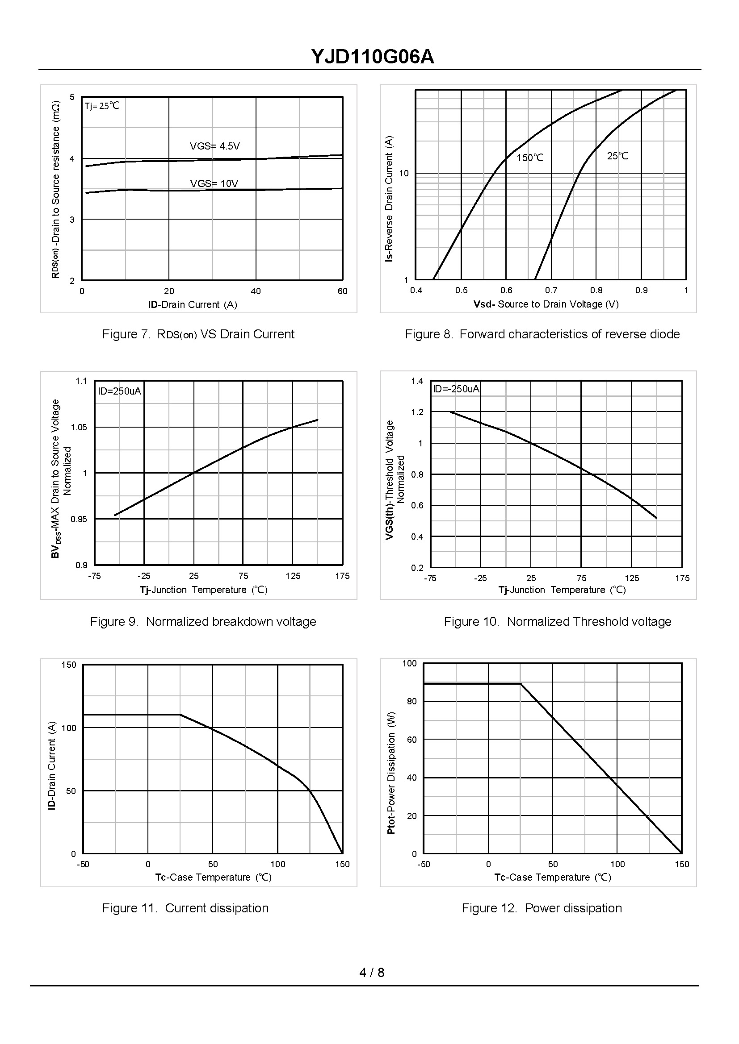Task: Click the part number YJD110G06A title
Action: (x=372, y=57)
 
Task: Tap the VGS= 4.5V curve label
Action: (x=214, y=146)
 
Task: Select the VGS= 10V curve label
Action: (x=214, y=184)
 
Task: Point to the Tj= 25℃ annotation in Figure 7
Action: (x=102, y=106)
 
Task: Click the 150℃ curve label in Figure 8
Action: (x=530, y=158)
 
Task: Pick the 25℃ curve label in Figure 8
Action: (x=617, y=156)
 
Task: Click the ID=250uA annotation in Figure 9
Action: (x=119, y=391)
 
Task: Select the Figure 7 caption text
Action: (x=198, y=334)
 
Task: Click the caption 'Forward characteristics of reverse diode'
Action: (x=569, y=334)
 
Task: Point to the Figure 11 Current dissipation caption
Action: (x=185, y=908)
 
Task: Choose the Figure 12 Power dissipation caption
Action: (x=542, y=908)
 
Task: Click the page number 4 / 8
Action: (x=372, y=972)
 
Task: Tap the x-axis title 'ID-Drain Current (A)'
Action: (x=193, y=305)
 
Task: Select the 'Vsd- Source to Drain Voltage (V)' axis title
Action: (x=546, y=304)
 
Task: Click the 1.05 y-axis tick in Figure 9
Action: (x=78, y=428)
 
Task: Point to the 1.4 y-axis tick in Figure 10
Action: (x=417, y=381)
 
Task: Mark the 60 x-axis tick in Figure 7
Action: (x=342, y=291)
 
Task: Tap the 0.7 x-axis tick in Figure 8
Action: (x=551, y=291)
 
